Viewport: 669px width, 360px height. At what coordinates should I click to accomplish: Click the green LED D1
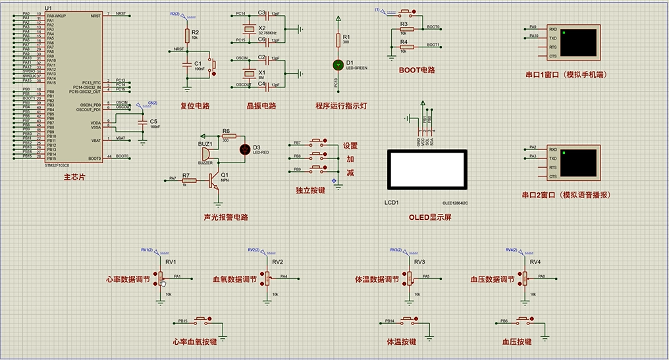[x=338, y=64]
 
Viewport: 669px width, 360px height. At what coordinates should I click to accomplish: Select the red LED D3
[x=244, y=149]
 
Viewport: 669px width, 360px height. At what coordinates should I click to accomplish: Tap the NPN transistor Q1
[x=214, y=179]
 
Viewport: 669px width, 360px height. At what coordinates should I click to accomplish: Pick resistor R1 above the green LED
[x=338, y=40]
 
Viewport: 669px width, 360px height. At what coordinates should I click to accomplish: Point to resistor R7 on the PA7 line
[x=188, y=179]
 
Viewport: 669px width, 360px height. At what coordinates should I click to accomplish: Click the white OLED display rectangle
[x=427, y=172]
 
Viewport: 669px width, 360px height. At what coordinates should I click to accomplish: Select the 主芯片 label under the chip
[x=74, y=177]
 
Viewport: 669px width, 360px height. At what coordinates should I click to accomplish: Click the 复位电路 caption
[x=195, y=105]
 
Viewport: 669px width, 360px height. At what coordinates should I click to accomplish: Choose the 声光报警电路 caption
[x=226, y=217]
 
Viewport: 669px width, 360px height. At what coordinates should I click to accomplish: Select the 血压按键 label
[x=517, y=342]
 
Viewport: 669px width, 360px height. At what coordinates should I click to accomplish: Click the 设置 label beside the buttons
[x=350, y=145]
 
